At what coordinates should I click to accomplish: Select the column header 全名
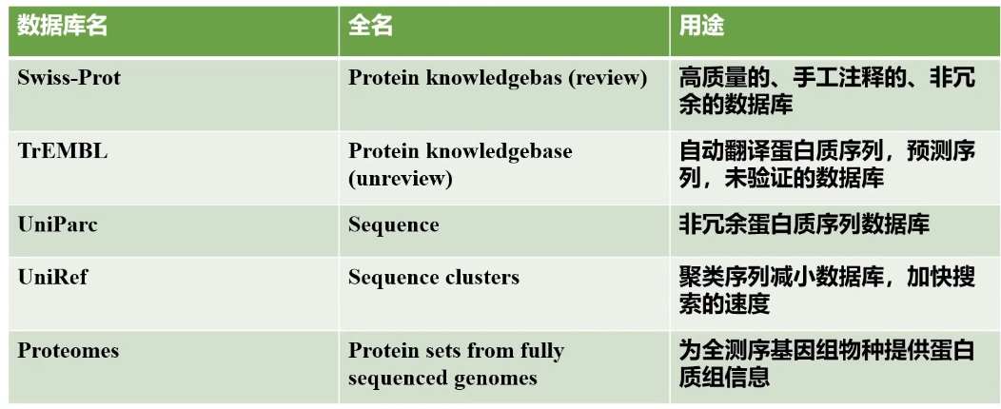[x=371, y=27]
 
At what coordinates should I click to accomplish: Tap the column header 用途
[x=701, y=27]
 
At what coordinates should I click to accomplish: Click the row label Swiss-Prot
[x=69, y=77]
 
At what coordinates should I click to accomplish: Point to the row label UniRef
[x=52, y=278]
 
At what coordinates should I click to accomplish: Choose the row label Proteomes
[x=69, y=350]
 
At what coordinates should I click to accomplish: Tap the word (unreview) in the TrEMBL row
[x=401, y=178]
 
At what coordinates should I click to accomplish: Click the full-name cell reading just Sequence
[x=394, y=225]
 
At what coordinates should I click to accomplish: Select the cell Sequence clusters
[x=434, y=278]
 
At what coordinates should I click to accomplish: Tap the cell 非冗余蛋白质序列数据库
[x=804, y=224]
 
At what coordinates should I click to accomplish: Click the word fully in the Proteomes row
[x=540, y=350]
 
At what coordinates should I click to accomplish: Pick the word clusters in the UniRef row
[x=482, y=278]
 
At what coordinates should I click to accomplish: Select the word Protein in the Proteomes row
[x=381, y=350]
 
